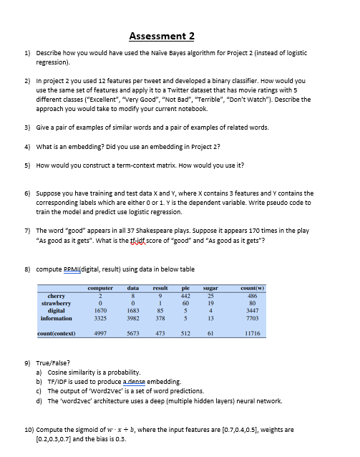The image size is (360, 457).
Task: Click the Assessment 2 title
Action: coord(162,37)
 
